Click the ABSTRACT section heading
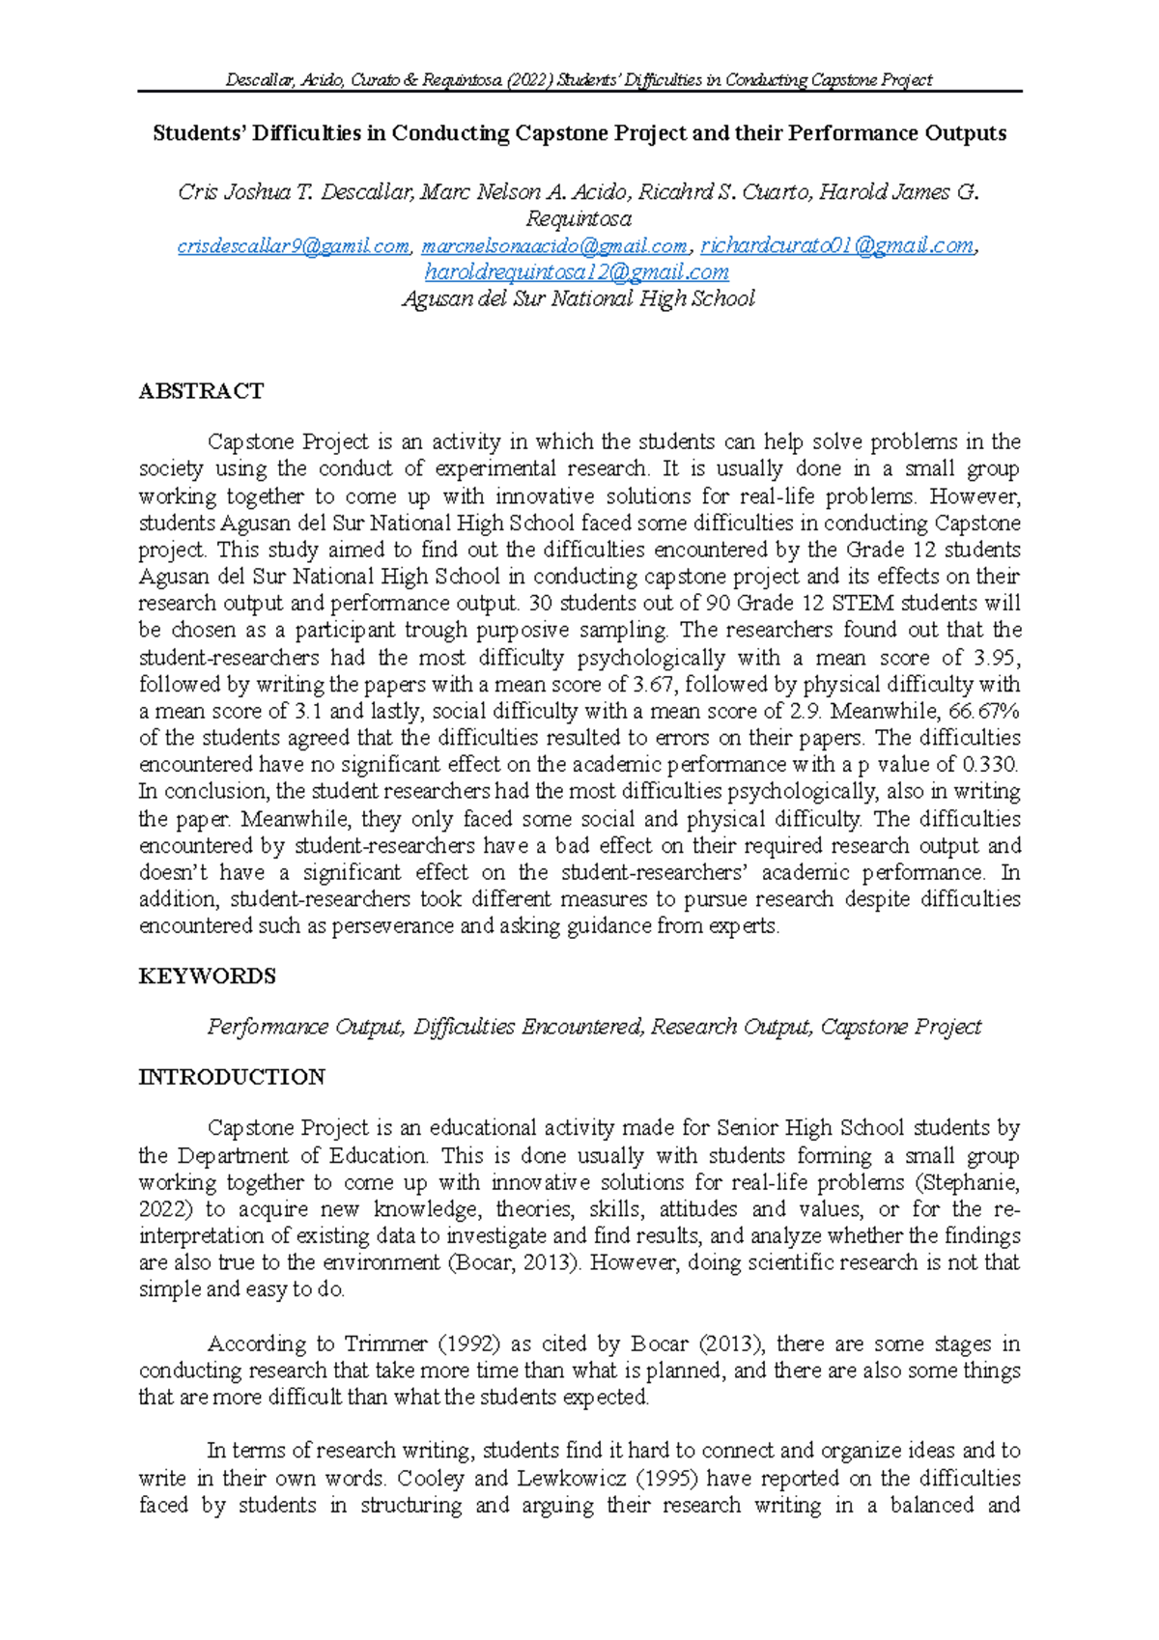pos(201,391)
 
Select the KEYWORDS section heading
pos(207,976)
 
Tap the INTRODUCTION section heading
pos(232,1077)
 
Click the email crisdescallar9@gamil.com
pos(293,246)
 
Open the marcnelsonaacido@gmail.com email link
pos(554,246)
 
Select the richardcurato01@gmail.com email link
pos(836,246)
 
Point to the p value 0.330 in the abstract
pos(989,765)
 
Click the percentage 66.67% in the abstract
pos(984,711)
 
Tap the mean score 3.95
pos(995,658)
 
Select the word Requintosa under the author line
pos(579,219)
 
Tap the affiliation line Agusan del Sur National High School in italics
pos(578,299)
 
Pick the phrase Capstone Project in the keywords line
pos(900,1027)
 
